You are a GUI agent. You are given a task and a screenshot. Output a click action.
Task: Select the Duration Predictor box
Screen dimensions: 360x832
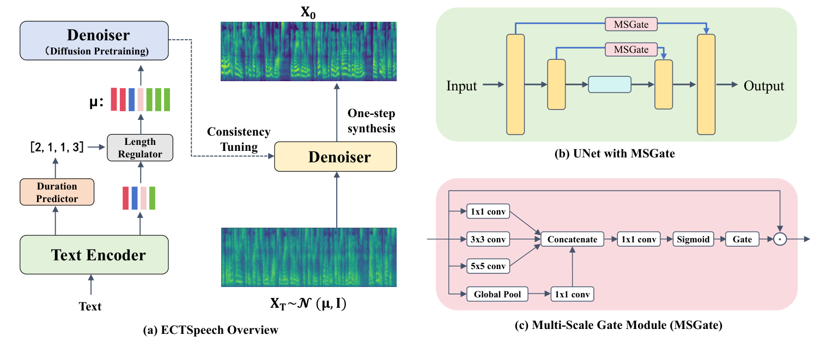(57, 193)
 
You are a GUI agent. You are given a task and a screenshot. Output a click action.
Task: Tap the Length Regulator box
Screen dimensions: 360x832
(141, 147)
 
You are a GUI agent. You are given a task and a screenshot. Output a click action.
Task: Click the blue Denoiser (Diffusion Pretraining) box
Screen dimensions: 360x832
(94, 41)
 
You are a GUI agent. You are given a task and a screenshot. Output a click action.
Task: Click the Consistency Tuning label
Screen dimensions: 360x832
(239, 139)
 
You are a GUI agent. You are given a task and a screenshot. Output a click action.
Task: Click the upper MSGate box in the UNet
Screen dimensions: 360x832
(631, 23)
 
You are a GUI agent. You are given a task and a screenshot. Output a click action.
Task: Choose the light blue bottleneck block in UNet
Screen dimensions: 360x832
(609, 85)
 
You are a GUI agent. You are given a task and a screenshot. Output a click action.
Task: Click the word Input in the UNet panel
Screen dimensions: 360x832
(461, 86)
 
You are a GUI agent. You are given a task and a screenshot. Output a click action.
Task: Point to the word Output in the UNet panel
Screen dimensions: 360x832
(764, 86)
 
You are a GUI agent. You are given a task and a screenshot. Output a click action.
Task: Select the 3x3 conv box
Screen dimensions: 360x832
(488, 239)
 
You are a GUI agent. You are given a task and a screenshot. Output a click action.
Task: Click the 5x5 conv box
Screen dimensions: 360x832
(488, 267)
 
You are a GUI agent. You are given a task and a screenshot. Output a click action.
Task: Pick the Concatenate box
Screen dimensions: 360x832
(572, 239)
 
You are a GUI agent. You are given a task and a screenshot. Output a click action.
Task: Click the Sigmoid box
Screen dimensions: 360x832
(693, 239)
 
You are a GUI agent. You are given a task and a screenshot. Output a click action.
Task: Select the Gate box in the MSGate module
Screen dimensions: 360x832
(742, 239)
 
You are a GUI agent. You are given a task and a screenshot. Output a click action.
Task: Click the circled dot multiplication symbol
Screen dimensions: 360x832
(781, 239)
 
